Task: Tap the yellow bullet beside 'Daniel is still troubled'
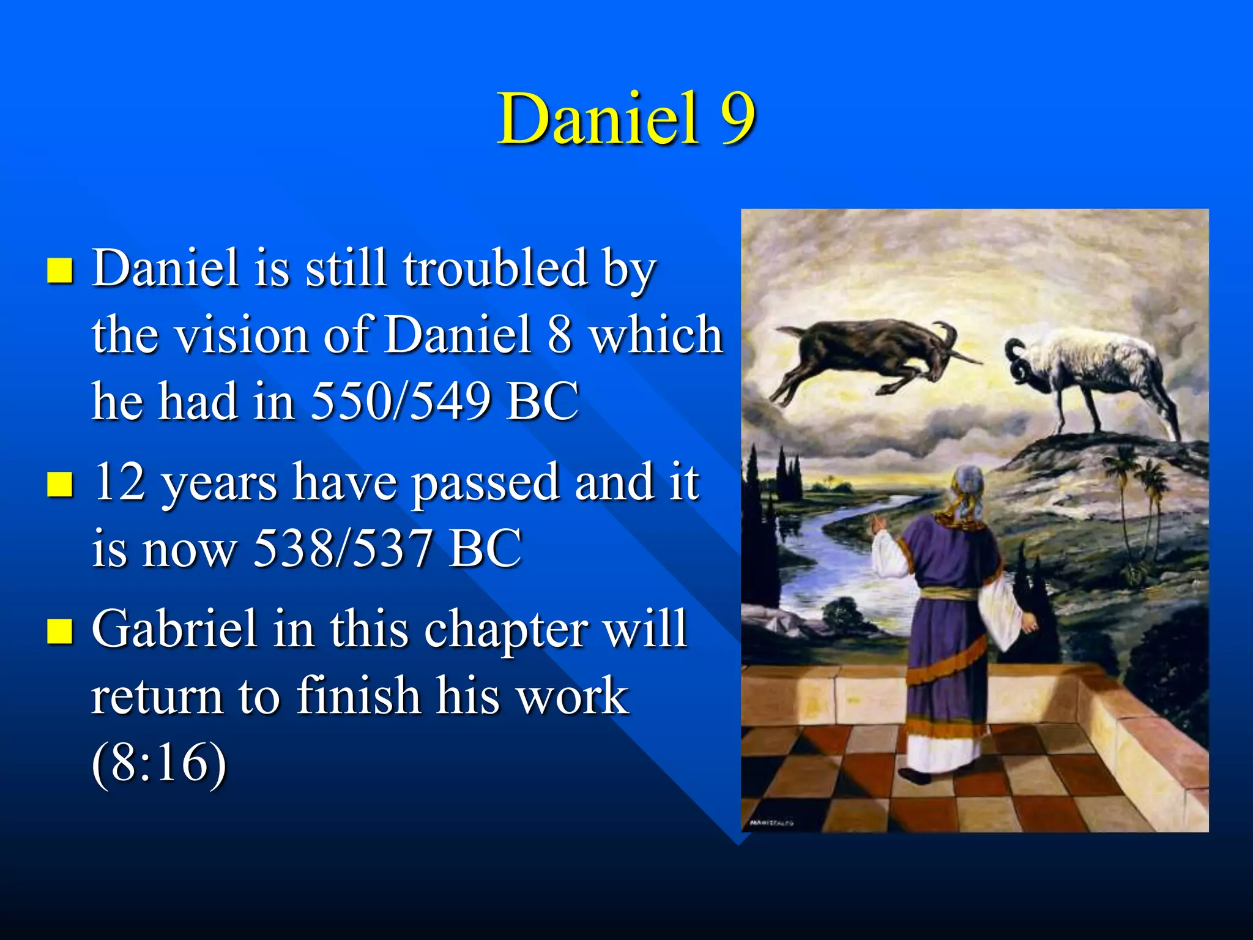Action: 60,270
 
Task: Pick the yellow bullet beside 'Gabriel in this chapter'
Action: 60,631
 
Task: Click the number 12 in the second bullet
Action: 120,482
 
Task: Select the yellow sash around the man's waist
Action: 948,593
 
